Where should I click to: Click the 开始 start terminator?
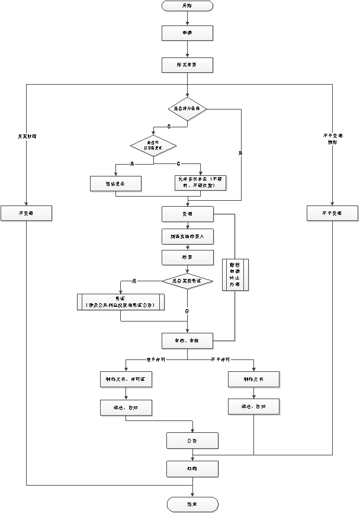pos(187,6)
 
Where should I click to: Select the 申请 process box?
pos(187,33)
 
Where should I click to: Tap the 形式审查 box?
pos(187,65)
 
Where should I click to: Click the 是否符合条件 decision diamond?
pos(187,109)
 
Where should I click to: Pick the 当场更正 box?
pos(115,184)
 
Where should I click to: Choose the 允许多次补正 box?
pos(200,182)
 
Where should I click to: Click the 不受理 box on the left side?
pos(27,213)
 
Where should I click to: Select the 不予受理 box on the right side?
pos(332,213)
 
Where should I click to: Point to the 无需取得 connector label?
pos(27,137)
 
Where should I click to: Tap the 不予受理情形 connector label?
pos(332,139)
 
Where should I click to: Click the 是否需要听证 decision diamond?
pos(187,281)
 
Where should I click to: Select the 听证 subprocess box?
pos(121,302)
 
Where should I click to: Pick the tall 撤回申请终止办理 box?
pos(235,275)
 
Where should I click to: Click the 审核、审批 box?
pos(187,340)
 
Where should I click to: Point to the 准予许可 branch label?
pos(155,359)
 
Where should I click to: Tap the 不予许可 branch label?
pos(220,359)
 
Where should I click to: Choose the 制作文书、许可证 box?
pos(126,379)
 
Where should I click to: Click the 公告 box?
pos(192,441)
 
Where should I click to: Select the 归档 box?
pos(192,469)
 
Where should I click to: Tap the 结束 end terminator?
pos(192,504)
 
